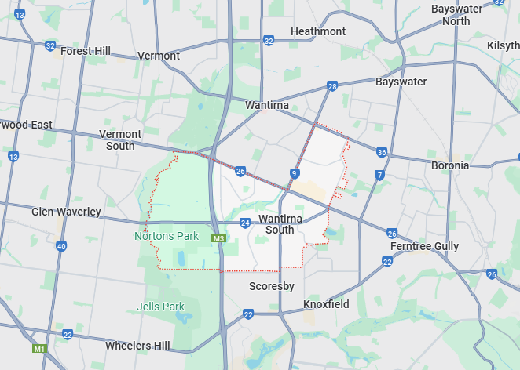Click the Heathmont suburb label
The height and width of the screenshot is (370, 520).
(317, 31)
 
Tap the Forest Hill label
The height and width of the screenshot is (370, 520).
(85, 51)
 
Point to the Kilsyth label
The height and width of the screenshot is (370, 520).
(503, 46)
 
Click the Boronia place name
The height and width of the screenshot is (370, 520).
(450, 165)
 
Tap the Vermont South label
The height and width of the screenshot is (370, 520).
(120, 140)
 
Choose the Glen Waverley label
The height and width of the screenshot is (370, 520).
(66, 212)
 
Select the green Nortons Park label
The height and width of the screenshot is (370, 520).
(167, 236)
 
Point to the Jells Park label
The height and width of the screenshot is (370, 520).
(160, 307)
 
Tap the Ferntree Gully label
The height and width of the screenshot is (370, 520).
(425, 246)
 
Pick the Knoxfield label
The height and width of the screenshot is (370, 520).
(326, 303)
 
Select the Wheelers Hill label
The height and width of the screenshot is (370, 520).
(137, 346)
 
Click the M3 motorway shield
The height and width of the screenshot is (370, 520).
(218, 238)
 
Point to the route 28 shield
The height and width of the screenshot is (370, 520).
(332, 86)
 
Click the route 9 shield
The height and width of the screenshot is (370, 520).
(294, 172)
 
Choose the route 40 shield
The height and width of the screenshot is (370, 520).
(61, 247)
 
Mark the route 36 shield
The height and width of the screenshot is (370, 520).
(382, 152)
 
